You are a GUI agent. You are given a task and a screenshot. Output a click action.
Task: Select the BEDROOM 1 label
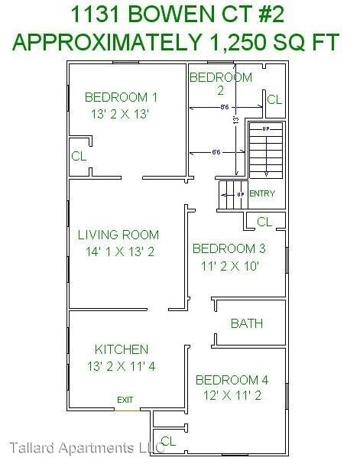[x=121, y=97]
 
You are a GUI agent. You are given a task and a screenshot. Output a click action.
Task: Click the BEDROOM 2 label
[x=220, y=83]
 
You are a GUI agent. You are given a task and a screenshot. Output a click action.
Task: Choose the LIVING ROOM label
[x=118, y=235]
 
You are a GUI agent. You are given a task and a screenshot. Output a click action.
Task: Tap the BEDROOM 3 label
[x=229, y=248]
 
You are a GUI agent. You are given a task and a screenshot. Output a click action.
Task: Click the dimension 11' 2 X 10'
[x=227, y=266]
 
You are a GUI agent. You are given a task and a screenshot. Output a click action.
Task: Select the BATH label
[x=247, y=323]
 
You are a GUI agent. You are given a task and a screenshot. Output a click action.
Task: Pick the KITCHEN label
[x=122, y=349]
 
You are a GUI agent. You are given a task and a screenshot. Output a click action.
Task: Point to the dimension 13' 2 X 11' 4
[x=121, y=366]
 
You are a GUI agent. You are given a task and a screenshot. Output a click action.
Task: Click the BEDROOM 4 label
[x=232, y=380]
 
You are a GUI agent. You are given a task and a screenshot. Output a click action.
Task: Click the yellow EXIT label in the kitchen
[x=125, y=400]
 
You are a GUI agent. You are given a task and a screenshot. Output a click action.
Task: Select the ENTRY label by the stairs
[x=261, y=193]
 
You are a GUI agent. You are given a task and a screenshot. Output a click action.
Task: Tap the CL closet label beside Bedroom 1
[x=79, y=156]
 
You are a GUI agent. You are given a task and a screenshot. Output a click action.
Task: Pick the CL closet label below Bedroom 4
[x=168, y=441]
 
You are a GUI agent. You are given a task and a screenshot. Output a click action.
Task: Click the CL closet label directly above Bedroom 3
[x=264, y=222]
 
